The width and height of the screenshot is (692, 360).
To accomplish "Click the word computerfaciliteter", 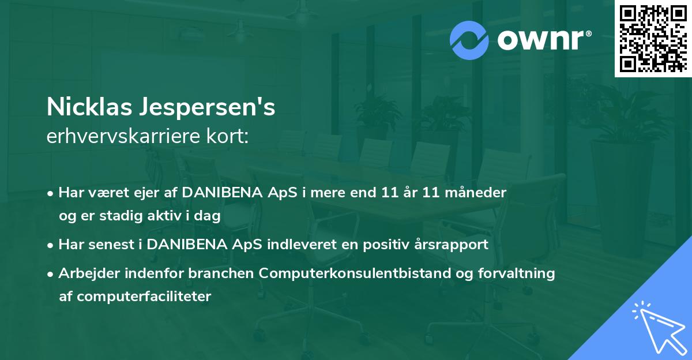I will click(x=144, y=297).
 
